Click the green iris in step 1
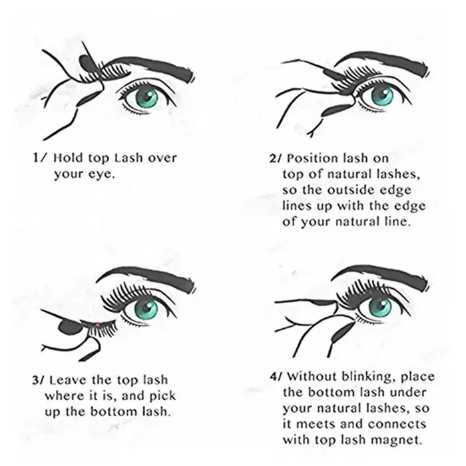coord(146,98)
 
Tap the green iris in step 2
coord(382,96)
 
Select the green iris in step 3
coord(146,309)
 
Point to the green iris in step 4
coord(380,307)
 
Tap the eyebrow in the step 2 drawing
coord(383,63)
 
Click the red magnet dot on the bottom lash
coord(97,325)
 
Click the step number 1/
coord(39,158)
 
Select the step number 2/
coord(275,158)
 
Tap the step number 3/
coord(39,380)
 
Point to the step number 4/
coord(276,377)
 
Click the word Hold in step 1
coord(69,158)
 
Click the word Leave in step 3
coord(69,380)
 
